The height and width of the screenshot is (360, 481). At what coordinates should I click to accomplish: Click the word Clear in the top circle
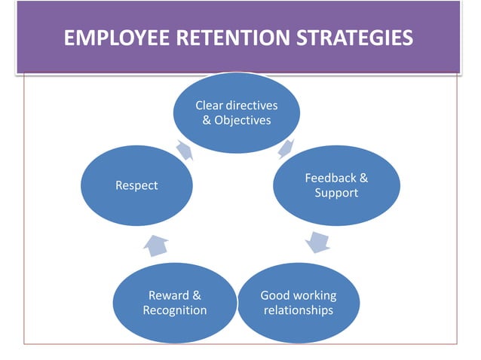pos(210,106)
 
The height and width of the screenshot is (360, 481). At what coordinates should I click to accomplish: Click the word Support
pos(336,193)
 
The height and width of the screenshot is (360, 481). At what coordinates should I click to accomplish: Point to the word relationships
pos(299,310)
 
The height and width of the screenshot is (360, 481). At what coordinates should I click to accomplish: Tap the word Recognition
pos(175,310)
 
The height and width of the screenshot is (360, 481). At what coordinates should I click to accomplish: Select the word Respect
pos(136,185)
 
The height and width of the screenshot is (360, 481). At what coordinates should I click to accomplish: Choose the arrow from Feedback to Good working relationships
pos(317,242)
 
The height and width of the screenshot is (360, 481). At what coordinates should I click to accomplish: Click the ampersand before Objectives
pos(207,121)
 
